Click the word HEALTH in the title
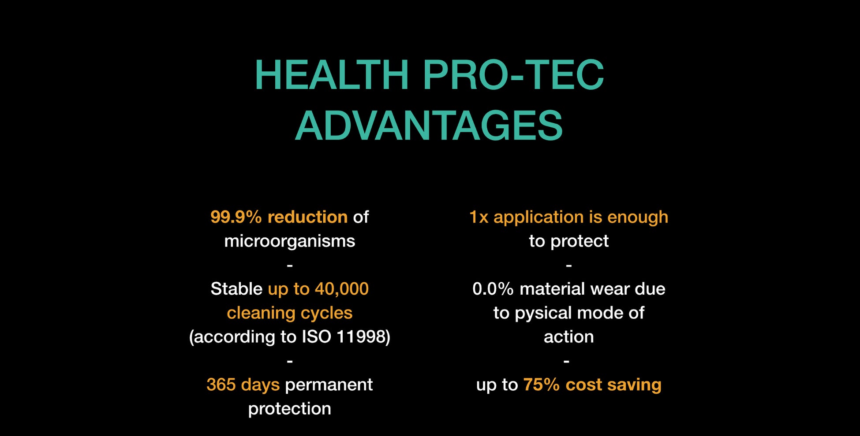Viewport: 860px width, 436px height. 332,75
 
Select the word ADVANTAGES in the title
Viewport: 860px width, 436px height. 429,126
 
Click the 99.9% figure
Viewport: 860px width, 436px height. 236,217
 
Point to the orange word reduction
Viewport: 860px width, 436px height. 307,217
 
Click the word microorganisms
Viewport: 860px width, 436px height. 290,241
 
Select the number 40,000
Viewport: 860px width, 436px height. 342,289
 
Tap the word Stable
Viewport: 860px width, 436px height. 236,289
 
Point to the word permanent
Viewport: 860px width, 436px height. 329,385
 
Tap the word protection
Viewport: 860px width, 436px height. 290,409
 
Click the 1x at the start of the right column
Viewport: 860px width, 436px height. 479,217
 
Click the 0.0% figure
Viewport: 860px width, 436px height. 493,289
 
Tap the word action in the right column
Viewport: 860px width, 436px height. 569,337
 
